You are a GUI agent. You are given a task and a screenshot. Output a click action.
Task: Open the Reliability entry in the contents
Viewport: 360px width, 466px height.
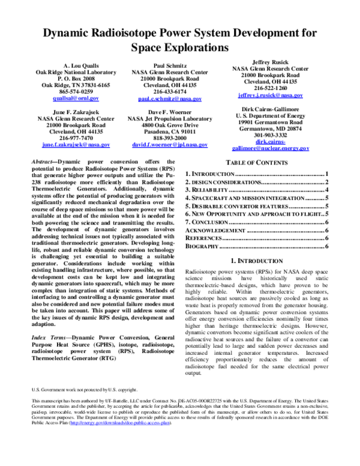pyautogui.click(x=208, y=189)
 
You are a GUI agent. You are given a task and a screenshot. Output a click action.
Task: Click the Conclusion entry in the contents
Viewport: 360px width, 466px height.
pyautogui.click(x=210, y=222)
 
